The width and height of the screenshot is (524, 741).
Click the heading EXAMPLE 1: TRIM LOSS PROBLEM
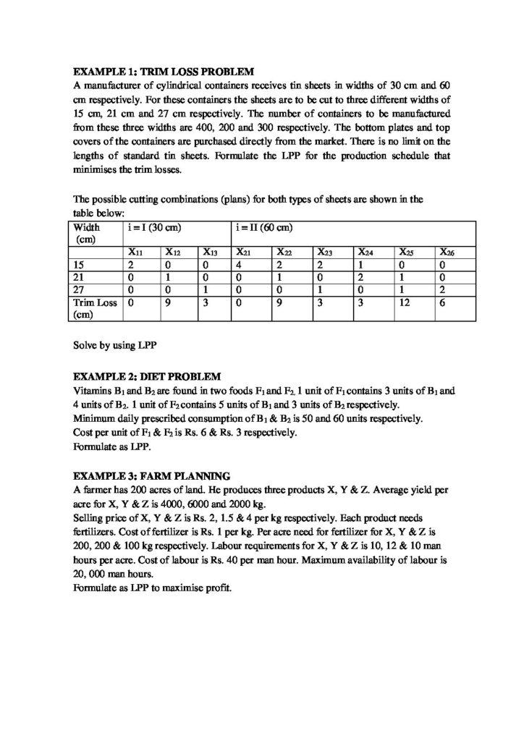[x=164, y=72]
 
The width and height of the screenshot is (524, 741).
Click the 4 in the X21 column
[x=239, y=265]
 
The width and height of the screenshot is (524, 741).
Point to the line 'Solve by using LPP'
[x=115, y=342]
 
